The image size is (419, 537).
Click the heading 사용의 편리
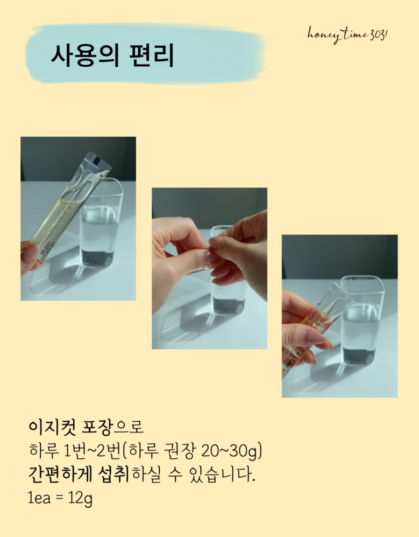112,55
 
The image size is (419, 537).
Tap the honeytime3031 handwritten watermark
347,34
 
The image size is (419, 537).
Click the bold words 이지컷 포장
70,427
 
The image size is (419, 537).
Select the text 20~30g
232,450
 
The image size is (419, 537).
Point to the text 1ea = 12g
60,498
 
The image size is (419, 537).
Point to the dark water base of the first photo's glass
97,257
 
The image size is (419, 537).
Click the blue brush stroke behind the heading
146,54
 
